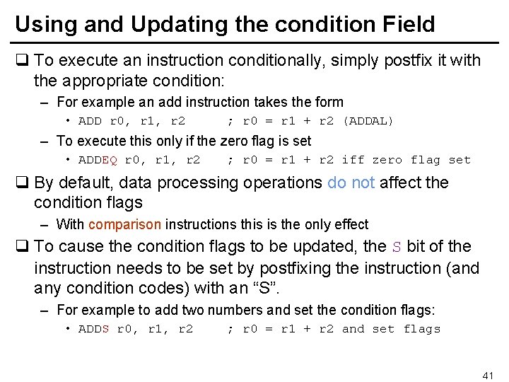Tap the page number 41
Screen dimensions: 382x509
tap(488, 374)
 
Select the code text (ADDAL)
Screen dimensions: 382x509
tap(368, 121)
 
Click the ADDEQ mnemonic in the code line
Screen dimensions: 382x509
tap(97, 160)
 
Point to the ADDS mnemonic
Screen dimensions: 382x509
tap(93, 329)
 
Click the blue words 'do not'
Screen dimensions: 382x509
tap(351, 183)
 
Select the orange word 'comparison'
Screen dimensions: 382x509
tap(125, 225)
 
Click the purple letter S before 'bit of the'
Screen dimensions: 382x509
tap(397, 247)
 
